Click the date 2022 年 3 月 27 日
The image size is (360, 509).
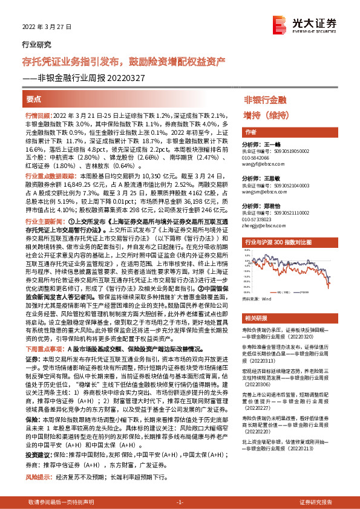click(47, 28)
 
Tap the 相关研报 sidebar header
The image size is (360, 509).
click(255, 318)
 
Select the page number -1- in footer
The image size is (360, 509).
click(179, 502)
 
